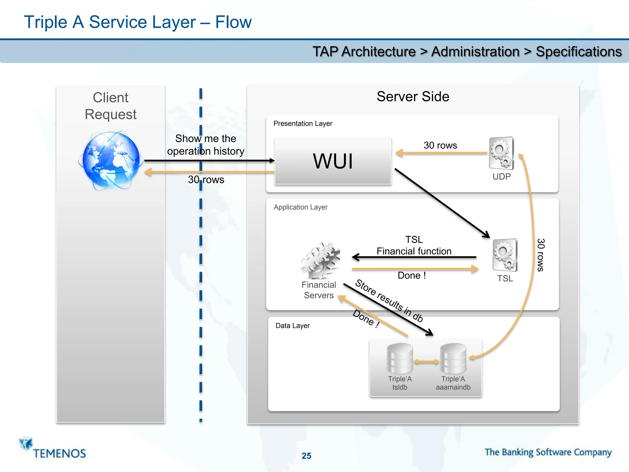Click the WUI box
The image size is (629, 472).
point(333,161)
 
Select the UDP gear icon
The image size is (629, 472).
point(501,153)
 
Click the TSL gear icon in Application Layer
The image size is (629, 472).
point(505,255)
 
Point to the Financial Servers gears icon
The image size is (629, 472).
point(321,261)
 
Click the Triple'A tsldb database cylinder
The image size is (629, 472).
point(400,358)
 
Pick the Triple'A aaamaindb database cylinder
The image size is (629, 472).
point(453,358)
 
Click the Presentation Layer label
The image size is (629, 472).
point(303,124)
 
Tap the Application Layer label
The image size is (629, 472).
point(300,207)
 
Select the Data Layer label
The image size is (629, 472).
point(292,326)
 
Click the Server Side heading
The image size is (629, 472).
point(413,96)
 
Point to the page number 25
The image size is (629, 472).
point(306,456)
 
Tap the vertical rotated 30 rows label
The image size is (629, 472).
point(541,255)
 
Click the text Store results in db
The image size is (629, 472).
point(389,301)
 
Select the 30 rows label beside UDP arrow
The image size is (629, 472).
point(440,145)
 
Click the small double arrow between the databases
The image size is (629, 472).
point(427,362)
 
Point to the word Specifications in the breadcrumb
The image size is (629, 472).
point(579,52)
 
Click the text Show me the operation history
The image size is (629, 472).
point(205,145)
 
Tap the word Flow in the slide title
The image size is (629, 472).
point(233,22)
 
